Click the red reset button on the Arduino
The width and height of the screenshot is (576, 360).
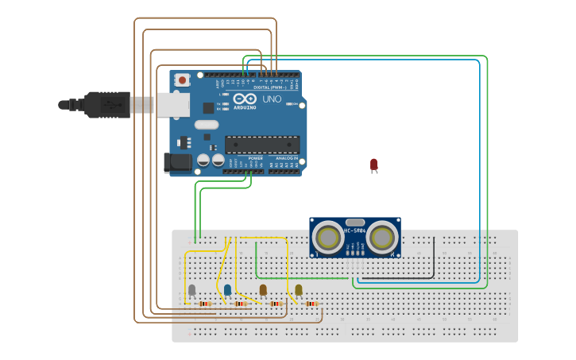click(183, 79)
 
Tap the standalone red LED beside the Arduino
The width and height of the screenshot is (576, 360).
click(373, 165)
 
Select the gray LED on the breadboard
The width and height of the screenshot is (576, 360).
click(191, 291)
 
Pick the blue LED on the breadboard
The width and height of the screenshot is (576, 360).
click(227, 290)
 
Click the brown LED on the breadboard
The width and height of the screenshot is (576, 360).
click(263, 290)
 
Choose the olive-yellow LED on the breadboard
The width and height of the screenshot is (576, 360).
click(299, 290)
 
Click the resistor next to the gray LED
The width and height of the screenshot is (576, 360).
click(205, 304)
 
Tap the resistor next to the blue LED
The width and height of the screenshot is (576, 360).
click(240, 304)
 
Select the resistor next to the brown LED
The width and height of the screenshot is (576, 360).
click(276, 304)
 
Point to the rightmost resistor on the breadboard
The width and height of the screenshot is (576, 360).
click(311, 304)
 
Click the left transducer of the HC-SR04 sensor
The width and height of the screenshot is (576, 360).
click(328, 236)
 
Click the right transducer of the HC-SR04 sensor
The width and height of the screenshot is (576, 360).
click(382, 236)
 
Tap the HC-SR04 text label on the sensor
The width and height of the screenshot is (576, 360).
click(354, 231)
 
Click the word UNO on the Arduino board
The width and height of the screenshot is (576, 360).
click(272, 99)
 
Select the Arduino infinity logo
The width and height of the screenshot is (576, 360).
click(245, 99)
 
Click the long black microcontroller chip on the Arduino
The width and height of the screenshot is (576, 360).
click(262, 144)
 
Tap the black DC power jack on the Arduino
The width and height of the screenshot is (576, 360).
click(178, 162)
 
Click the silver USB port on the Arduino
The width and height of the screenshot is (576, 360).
click(173, 104)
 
